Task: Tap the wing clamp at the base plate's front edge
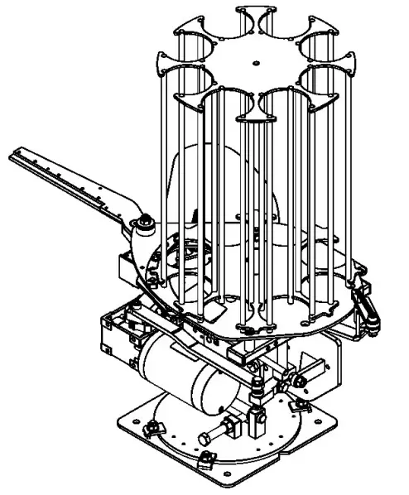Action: pyautogui.click(x=204, y=458)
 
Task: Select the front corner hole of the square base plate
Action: pyautogui.click(x=236, y=481)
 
